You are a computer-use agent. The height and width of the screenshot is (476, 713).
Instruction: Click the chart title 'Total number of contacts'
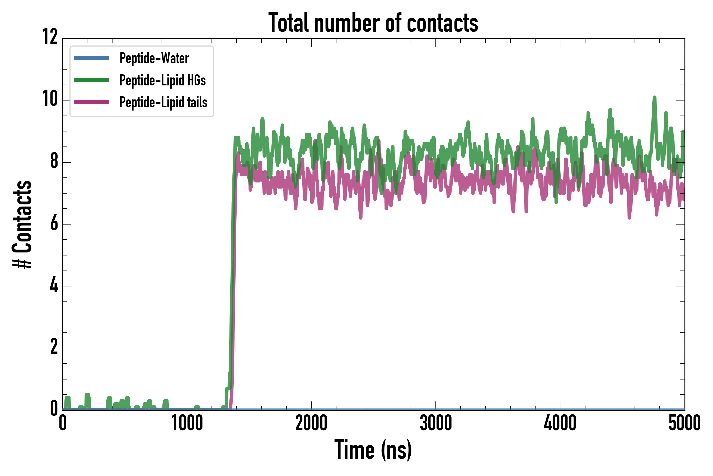coord(373,23)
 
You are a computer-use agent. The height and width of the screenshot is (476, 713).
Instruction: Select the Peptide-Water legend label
coord(154,58)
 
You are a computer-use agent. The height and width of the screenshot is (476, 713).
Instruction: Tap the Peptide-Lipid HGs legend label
coord(162,80)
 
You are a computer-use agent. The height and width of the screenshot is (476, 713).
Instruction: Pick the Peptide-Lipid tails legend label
coord(163,102)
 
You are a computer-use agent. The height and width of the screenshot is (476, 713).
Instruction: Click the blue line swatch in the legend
coord(92,58)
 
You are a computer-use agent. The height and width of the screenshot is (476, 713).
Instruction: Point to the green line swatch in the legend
coord(92,80)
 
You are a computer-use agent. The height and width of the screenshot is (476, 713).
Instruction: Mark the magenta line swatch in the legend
coord(92,102)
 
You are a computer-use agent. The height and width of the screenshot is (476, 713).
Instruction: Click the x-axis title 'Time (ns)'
coord(373,450)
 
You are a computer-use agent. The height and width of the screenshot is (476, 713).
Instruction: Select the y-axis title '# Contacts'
coord(22,224)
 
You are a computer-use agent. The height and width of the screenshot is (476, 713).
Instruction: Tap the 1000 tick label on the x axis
coord(187,423)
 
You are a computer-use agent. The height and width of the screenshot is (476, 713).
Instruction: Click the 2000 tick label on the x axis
coord(311,423)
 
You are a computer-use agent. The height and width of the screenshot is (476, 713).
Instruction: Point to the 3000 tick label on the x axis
coord(436,423)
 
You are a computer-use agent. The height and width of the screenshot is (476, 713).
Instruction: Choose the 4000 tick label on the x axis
coord(560,423)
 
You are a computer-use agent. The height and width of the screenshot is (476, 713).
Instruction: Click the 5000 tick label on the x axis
coord(684,423)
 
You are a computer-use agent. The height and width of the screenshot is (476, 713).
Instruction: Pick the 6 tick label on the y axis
coord(54,224)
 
